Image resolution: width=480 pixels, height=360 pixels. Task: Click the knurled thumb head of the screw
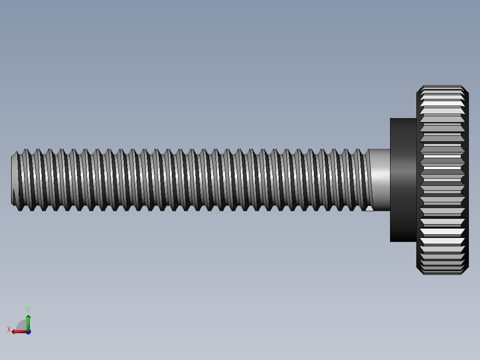442,180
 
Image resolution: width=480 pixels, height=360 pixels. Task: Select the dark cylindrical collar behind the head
403,180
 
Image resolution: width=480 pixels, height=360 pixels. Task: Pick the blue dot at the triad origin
28,332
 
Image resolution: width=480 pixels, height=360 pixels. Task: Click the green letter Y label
28,309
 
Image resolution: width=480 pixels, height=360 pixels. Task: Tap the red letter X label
9,329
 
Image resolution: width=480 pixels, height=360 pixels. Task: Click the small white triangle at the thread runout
369,208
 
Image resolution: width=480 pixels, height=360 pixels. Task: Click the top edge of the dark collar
403,119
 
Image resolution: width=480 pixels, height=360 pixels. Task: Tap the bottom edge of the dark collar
403,241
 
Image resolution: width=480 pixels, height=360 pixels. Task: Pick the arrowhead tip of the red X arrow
13,331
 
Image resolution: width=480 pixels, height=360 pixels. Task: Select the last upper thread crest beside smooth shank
359,151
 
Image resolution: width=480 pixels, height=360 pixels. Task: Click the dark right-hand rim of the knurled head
466,180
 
